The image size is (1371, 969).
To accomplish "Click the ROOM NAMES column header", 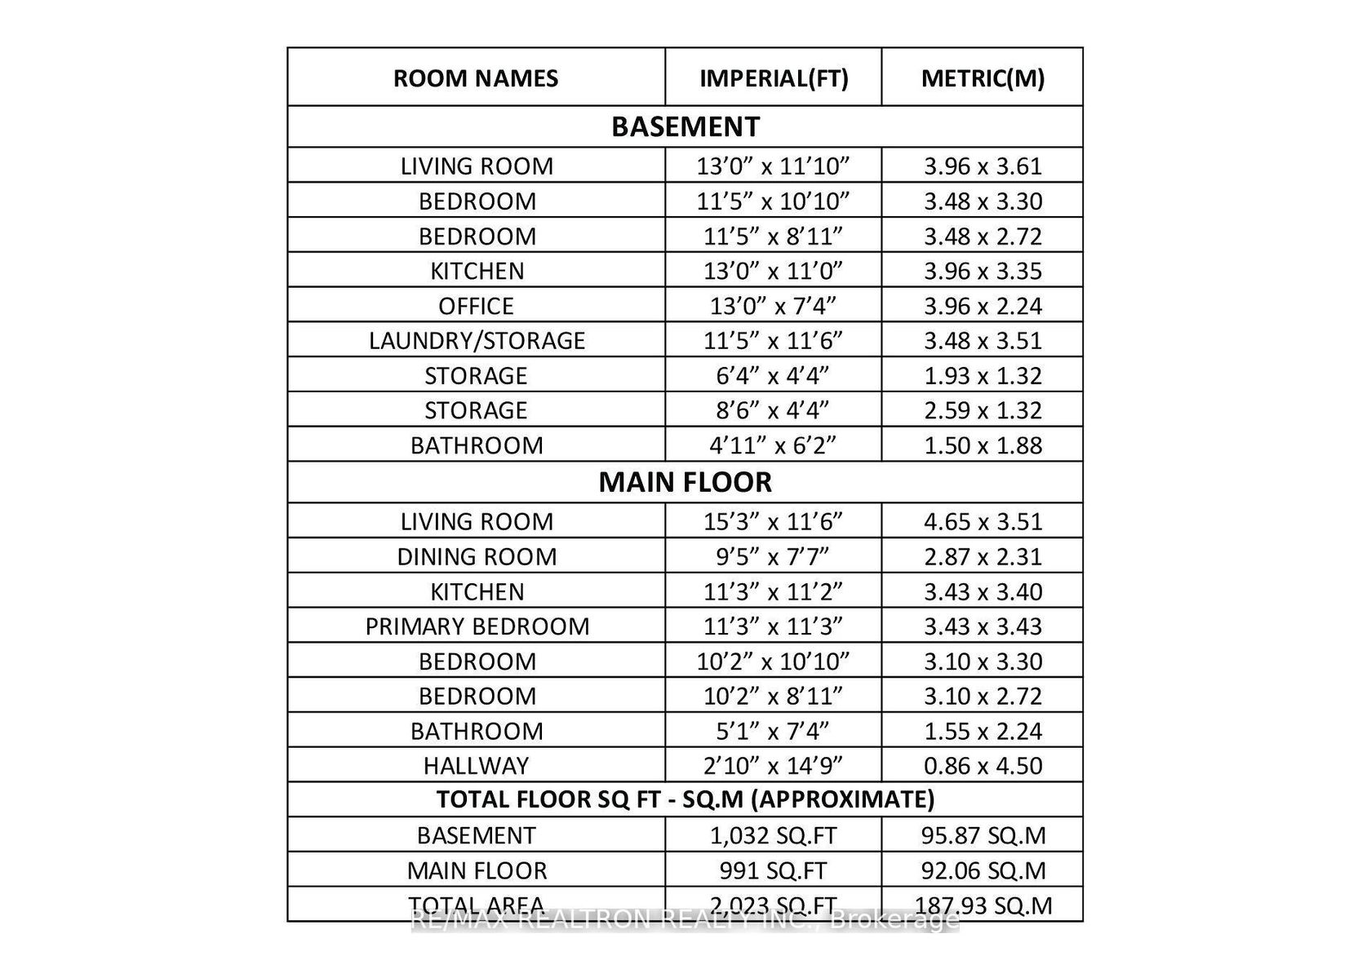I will (476, 78).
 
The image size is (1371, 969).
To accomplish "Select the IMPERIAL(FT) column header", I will (774, 78).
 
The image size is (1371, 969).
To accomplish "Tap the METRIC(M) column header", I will (983, 78).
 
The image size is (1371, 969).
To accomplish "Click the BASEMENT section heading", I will (685, 126).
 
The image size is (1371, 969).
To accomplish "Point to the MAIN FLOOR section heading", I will (685, 482).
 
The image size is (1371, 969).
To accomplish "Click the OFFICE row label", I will (476, 306).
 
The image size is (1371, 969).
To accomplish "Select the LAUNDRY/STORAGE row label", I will (477, 340).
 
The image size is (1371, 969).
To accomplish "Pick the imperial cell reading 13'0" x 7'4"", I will (774, 306).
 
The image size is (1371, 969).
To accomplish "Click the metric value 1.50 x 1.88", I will (983, 445).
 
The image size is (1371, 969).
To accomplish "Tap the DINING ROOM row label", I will (477, 556).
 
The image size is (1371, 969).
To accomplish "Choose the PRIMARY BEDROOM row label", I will (477, 626).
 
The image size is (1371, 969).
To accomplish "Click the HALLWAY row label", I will (476, 766).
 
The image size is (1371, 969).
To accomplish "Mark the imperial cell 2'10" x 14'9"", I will (774, 766).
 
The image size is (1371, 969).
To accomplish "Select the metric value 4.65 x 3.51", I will (983, 521).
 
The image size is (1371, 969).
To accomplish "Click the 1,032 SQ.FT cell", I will (774, 835).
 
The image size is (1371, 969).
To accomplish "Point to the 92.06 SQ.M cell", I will (983, 870).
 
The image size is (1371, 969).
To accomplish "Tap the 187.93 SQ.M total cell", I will (983, 905).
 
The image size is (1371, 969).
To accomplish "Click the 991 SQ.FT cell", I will (774, 870).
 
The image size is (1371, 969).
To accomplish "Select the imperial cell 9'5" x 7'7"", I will (774, 556).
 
